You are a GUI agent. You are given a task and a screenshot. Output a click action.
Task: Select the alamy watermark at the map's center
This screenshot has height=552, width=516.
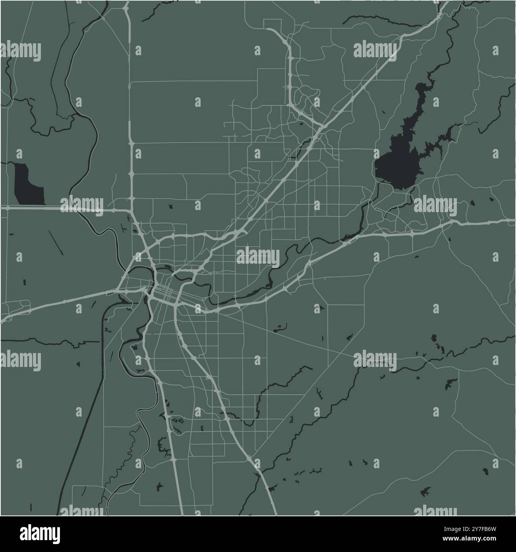pyautogui.click(x=258, y=256)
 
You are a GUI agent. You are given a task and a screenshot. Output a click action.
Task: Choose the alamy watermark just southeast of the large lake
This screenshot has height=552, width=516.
pyautogui.click(x=435, y=205)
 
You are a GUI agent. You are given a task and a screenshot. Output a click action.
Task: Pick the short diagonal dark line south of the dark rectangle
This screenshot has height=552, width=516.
pyautogui.click(x=56, y=242)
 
